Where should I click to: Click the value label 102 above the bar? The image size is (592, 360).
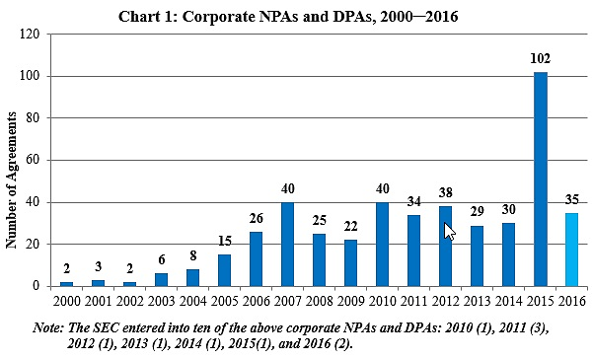(541, 58)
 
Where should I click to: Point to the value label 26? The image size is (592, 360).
(256, 219)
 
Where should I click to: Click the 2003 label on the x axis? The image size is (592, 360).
(161, 299)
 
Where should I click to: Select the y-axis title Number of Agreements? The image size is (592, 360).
(13, 178)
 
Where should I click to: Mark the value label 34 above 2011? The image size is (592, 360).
(414, 202)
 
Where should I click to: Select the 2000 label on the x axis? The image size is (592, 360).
(66, 299)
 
